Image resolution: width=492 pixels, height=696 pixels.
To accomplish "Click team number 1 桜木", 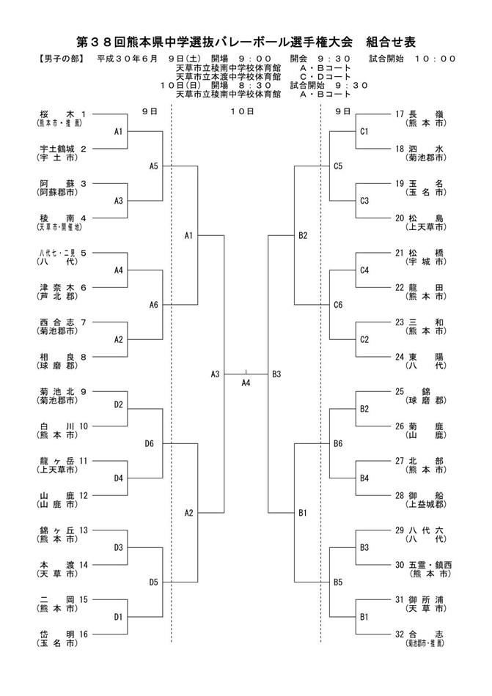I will click(62, 114).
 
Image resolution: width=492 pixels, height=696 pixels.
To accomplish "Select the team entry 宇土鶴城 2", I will click(62, 149).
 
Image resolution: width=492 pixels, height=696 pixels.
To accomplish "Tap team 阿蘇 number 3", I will click(62, 183).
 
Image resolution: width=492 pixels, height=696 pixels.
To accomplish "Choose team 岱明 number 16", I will click(62, 634).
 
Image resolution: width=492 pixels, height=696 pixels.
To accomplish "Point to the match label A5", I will click(153, 166).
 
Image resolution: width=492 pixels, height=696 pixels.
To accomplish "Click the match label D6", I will click(149, 443).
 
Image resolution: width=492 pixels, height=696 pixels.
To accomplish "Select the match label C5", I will click(338, 166).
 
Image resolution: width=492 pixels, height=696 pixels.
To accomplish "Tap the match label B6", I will click(338, 443).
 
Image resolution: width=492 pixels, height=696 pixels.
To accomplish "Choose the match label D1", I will click(118, 617).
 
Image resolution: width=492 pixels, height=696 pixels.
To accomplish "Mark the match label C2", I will click(364, 339).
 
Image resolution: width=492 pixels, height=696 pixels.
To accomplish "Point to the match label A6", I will click(153, 305).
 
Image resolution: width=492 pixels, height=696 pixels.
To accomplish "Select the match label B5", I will click(338, 582).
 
